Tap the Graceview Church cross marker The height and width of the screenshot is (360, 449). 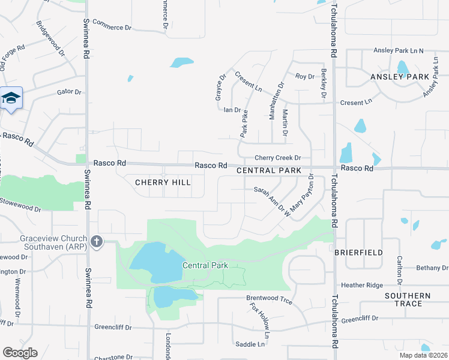tap(96, 242)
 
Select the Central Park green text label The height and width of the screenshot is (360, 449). tap(205, 265)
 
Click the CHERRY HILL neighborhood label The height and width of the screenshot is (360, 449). tap(163, 182)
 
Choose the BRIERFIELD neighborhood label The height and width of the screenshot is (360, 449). tap(358, 253)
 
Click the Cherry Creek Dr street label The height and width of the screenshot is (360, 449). tap(277, 158)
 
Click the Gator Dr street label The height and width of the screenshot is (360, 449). tap(68, 92)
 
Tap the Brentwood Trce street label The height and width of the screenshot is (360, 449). tap(269, 298)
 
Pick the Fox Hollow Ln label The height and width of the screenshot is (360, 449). tap(260, 319)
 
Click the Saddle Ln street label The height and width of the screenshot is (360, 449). tap(250, 344)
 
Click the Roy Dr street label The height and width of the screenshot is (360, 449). tap(304, 76)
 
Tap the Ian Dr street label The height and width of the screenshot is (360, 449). tap(232, 110)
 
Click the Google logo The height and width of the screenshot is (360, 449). tap(20, 353)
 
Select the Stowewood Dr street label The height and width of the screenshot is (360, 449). tap(21, 205)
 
